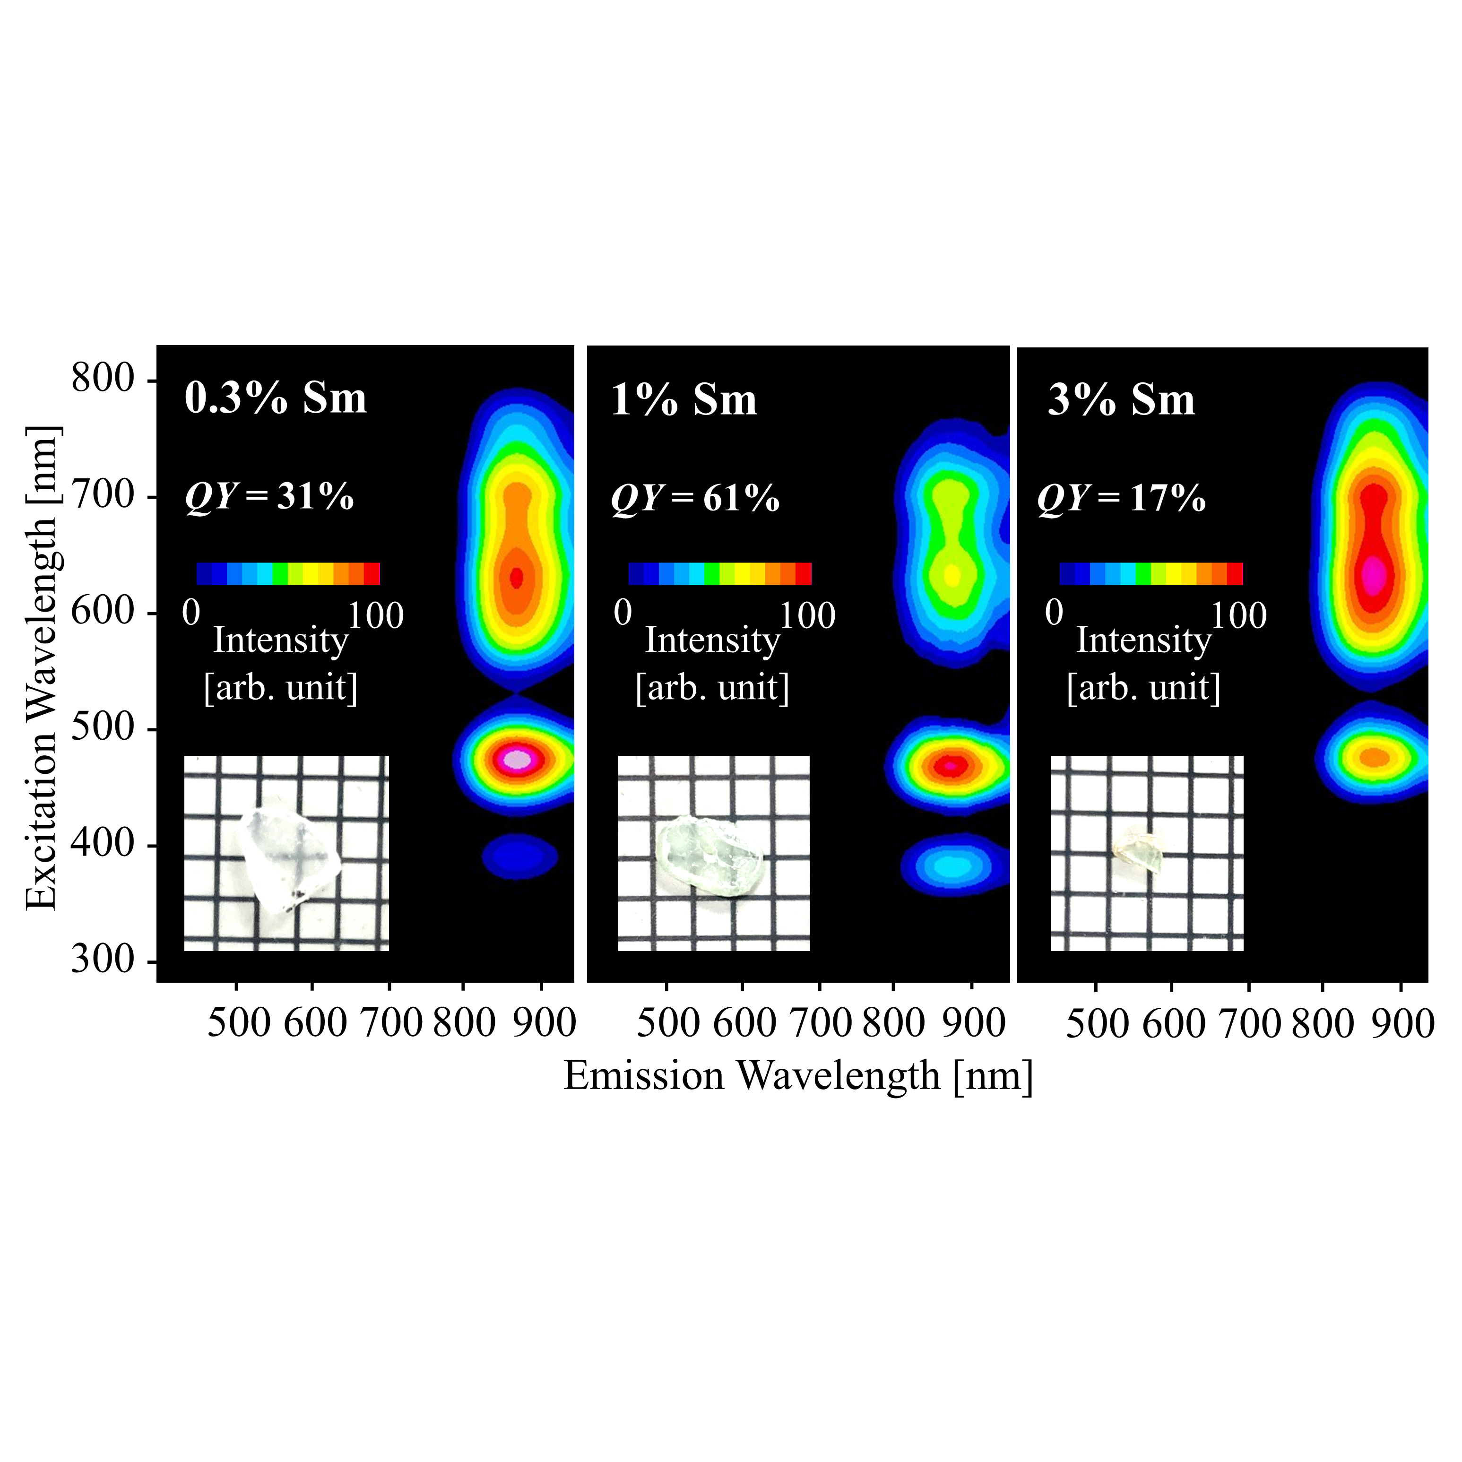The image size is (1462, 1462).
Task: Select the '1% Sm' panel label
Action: pos(683,400)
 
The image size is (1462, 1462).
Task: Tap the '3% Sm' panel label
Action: pos(1121,400)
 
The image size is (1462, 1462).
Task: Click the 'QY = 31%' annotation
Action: pos(269,497)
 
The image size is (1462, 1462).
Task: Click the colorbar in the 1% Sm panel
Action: pos(719,574)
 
